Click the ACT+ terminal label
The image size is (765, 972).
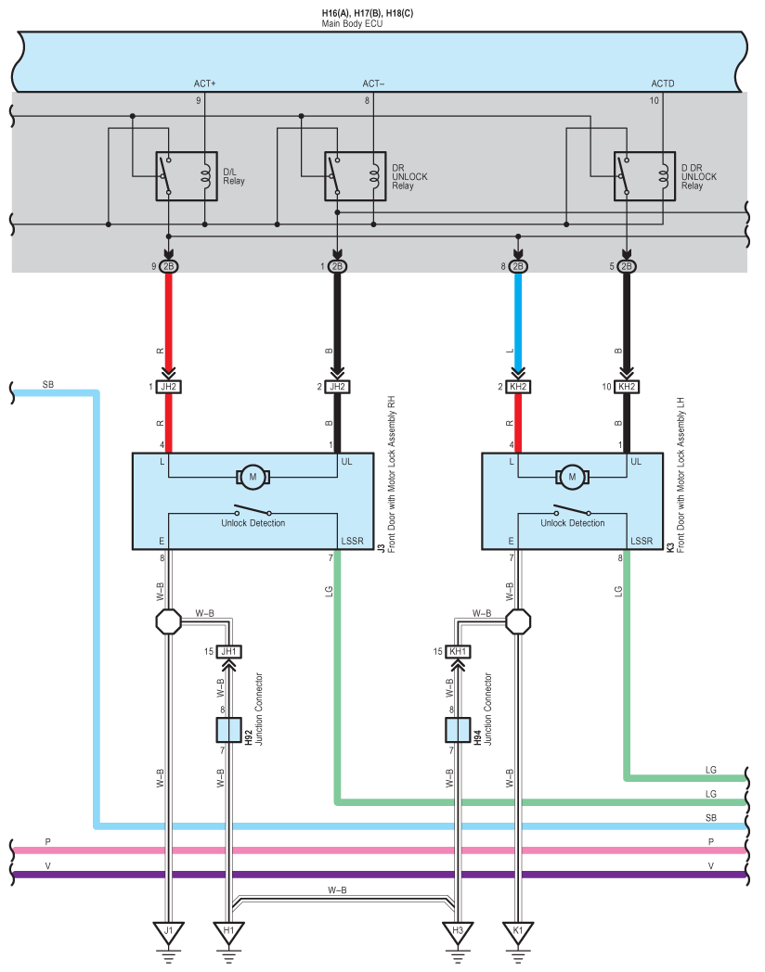point(205,83)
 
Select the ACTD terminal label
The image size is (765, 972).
point(663,83)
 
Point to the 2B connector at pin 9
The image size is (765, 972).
point(168,266)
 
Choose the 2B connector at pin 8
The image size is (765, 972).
point(518,266)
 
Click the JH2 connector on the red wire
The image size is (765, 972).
point(168,387)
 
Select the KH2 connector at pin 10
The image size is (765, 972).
point(627,387)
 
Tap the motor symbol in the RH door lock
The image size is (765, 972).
point(253,478)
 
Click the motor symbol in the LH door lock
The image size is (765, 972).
point(572,478)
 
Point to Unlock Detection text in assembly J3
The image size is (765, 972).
point(253,523)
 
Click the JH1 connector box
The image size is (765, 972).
point(229,651)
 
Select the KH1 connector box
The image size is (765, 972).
point(458,651)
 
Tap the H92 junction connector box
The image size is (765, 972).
point(228,730)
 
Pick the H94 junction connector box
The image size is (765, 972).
point(458,730)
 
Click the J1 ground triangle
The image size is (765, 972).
point(168,933)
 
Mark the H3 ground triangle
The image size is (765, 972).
point(458,933)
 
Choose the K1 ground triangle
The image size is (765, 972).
point(518,933)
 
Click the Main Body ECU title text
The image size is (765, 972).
point(352,23)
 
